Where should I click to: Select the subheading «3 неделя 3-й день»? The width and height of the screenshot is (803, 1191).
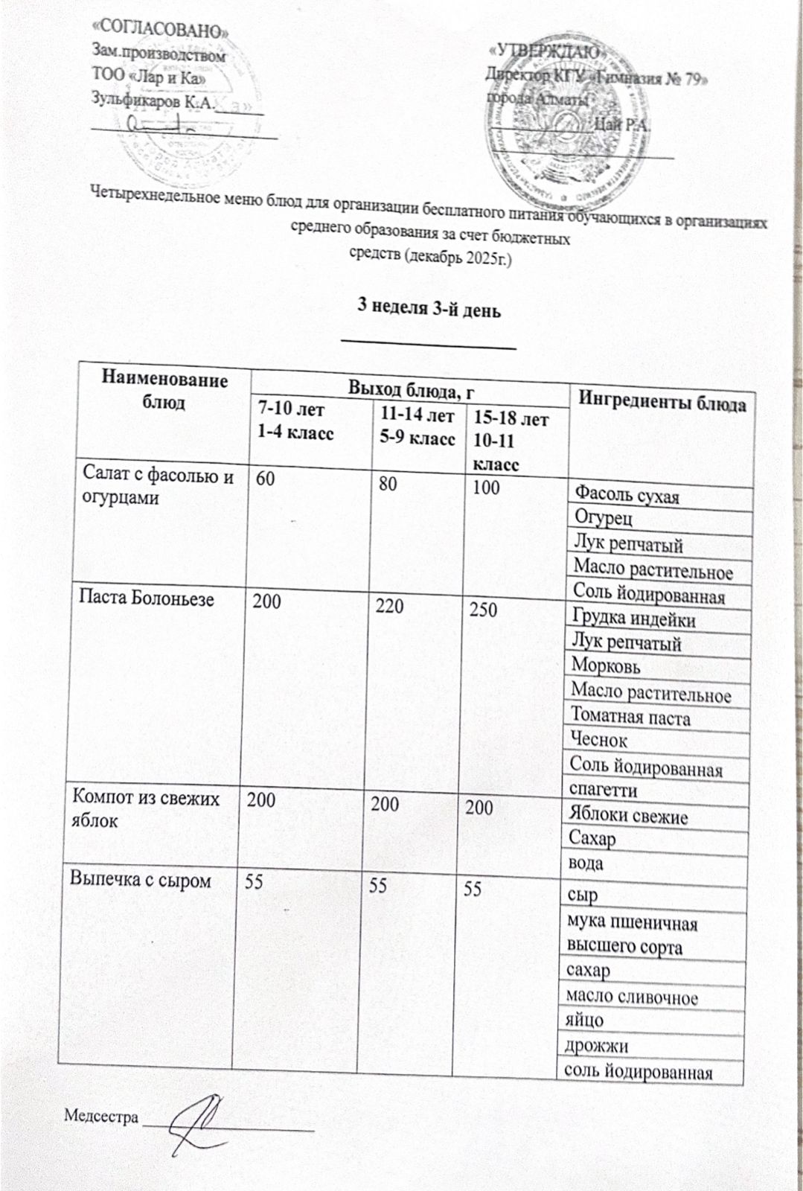pyautogui.click(x=429, y=308)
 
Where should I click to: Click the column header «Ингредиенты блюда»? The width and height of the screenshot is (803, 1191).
pyautogui.click(x=662, y=404)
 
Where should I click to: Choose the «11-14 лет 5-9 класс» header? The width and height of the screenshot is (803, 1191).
pyautogui.click(x=417, y=427)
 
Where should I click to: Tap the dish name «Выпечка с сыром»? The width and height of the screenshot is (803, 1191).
pyautogui.click(x=140, y=880)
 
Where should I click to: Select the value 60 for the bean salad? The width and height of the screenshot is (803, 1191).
pyautogui.click(x=266, y=479)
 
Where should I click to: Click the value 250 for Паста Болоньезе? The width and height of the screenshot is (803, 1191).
pyautogui.click(x=483, y=610)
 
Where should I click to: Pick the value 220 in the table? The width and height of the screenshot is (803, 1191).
pyautogui.click(x=389, y=606)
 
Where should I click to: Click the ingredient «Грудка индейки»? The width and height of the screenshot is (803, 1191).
pyautogui.click(x=633, y=619)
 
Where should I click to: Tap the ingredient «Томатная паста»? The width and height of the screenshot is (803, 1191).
pyautogui.click(x=630, y=718)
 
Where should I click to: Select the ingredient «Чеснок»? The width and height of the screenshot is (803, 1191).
pyautogui.click(x=598, y=741)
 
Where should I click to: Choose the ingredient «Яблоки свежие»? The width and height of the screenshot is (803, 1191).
pyautogui.click(x=627, y=816)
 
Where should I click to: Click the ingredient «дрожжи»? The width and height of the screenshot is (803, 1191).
pyautogui.click(x=595, y=1046)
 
